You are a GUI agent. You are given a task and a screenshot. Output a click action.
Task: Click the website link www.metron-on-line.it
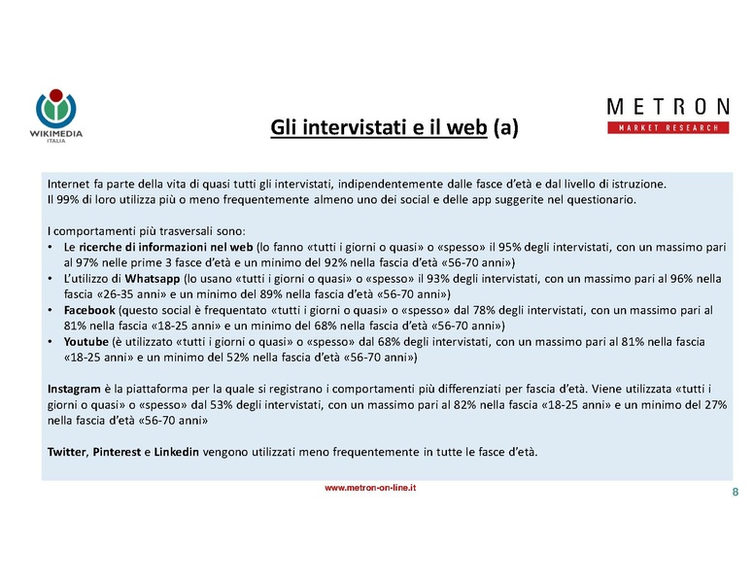pos(370,488)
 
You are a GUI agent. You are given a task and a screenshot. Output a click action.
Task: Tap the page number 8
pos(735,492)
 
